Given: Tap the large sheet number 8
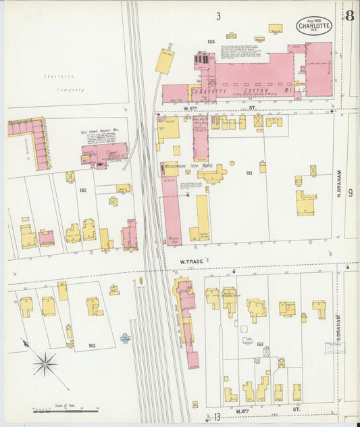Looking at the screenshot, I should [349, 16].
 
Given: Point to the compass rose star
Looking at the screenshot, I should [45, 365].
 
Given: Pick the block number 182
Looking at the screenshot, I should [82, 191].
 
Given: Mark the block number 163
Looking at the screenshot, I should [259, 344].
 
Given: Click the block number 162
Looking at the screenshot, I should [91, 345].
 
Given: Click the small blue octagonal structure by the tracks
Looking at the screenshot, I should [126, 337].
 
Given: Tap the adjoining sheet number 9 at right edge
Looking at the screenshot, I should [351, 193].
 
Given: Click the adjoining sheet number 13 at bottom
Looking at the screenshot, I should [217, 416].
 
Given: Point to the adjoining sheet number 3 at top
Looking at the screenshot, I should [218, 16].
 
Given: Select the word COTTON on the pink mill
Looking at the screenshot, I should [255, 91].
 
